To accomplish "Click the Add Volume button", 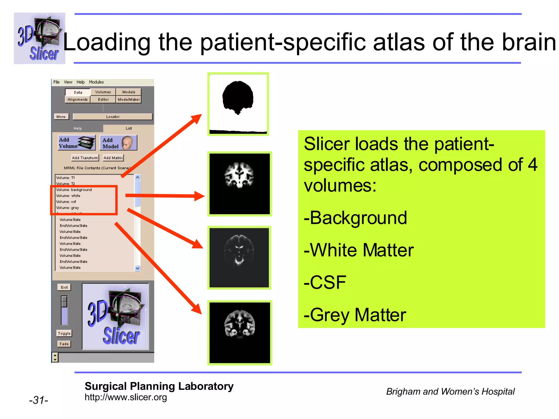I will (x=77, y=143).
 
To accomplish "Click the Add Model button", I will (x=118, y=143).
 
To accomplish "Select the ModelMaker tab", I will (x=129, y=100).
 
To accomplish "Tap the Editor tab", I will (x=103, y=100).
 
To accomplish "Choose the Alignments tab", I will (x=78, y=100).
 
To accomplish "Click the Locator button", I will (x=112, y=117).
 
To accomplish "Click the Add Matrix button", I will (x=113, y=158).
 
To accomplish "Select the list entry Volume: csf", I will (x=66, y=202).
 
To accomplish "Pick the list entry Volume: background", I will (x=74, y=190).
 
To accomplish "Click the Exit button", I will (x=64, y=287).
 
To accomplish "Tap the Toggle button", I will (x=64, y=333).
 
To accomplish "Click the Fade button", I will (x=64, y=344).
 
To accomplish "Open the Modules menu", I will (x=96, y=82).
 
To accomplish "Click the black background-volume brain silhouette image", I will (x=238, y=104).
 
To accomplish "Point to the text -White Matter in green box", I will (x=359, y=250).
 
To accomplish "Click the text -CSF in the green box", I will (x=325, y=282).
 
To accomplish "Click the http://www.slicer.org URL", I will (x=126, y=397).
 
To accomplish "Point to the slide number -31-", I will (x=38, y=400).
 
